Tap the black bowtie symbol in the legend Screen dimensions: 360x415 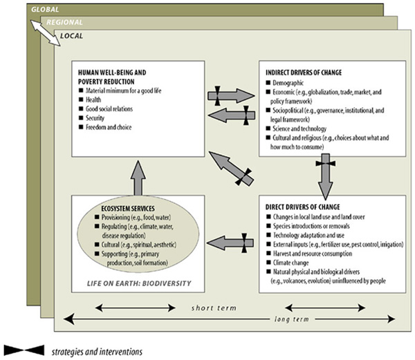tap(23, 350)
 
